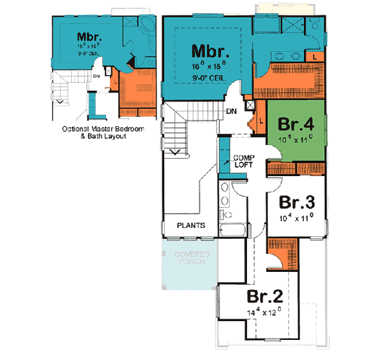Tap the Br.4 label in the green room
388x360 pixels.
[x=296, y=123]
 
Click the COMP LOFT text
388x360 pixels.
[x=244, y=161]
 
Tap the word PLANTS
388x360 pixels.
[x=191, y=226]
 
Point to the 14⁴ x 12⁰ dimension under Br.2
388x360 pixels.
[x=265, y=313]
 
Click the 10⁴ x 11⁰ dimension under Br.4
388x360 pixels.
[x=296, y=138]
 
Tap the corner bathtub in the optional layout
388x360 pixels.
[x=146, y=28]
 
